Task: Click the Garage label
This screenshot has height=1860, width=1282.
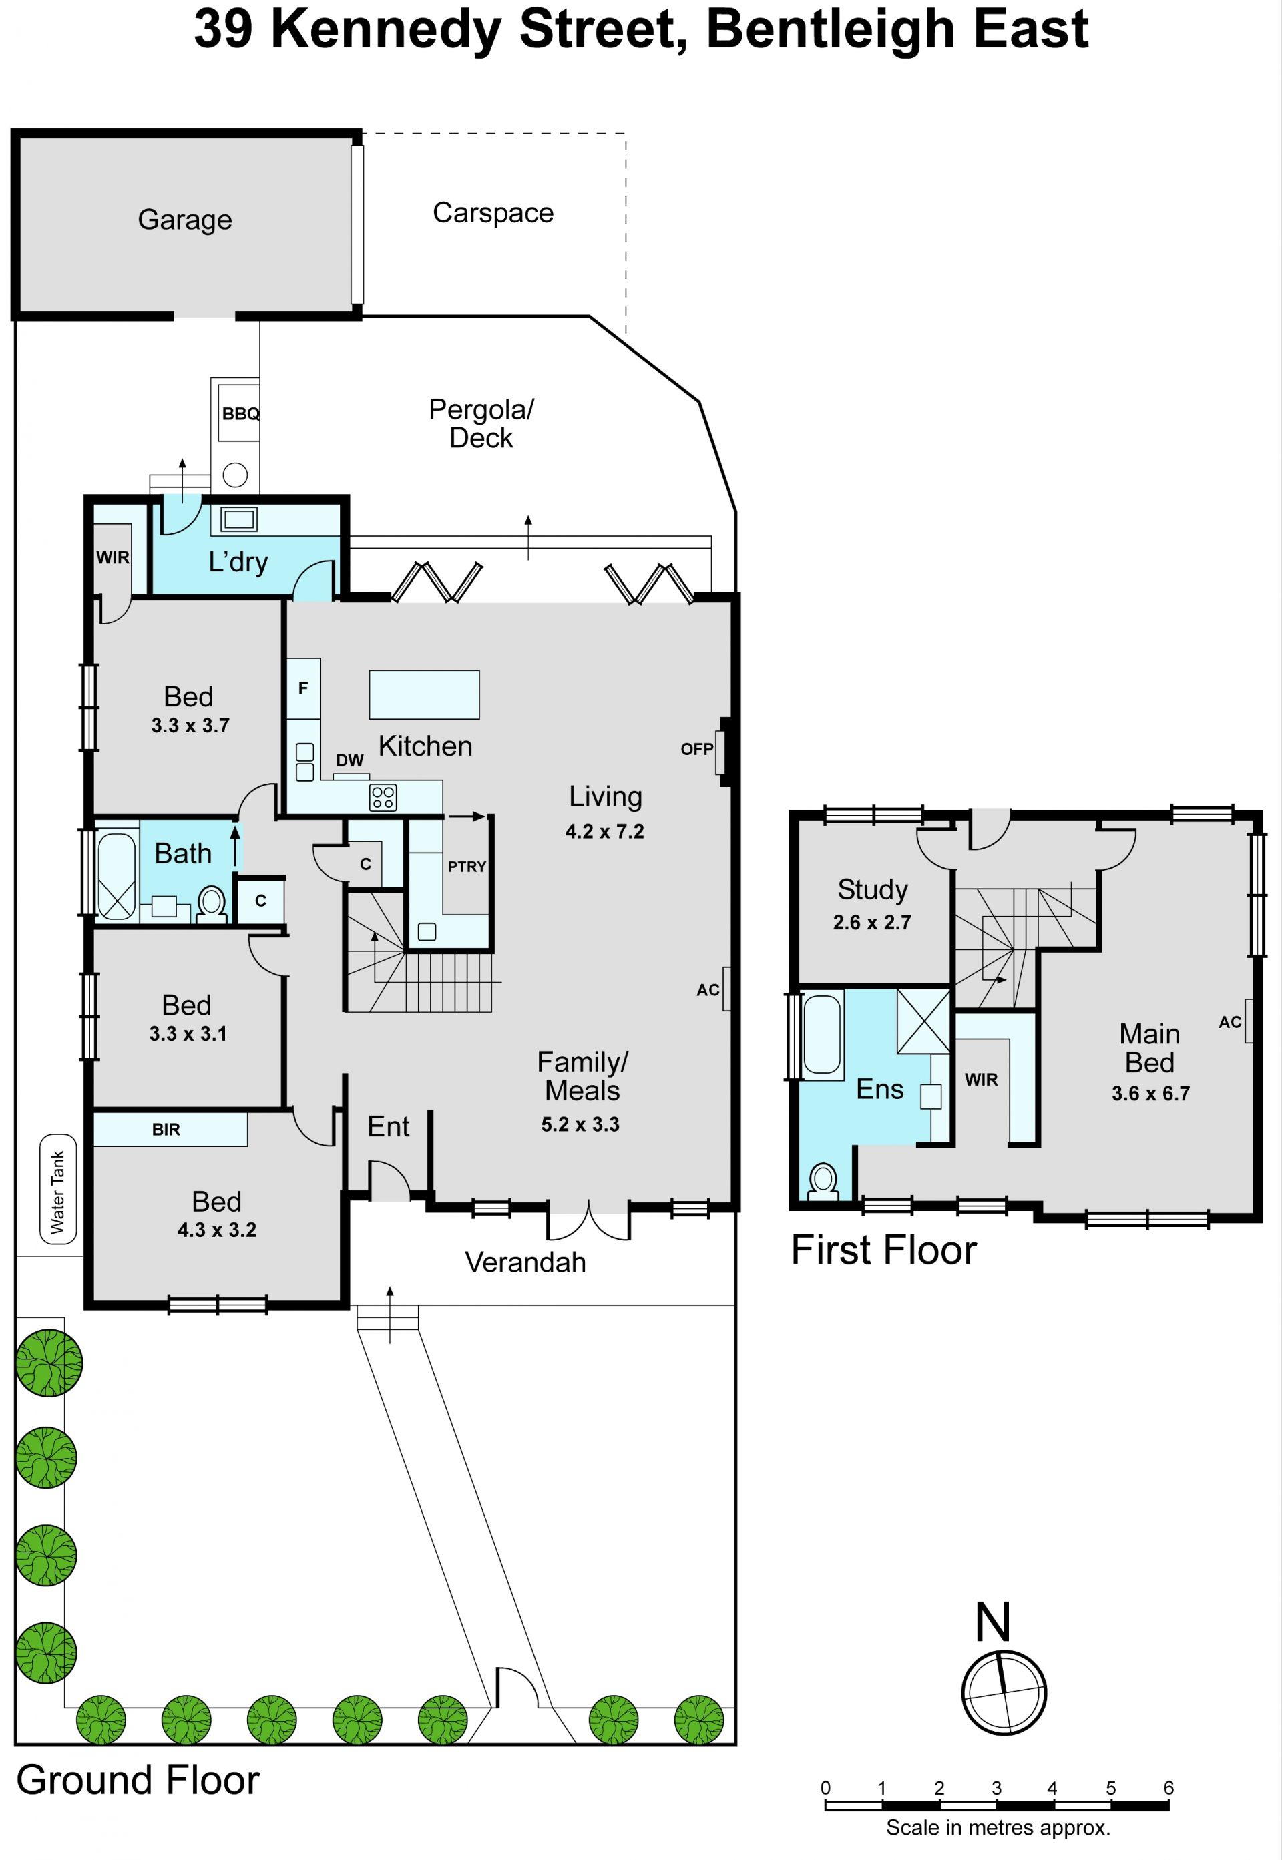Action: click(185, 219)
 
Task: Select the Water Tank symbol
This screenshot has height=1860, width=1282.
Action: click(59, 1188)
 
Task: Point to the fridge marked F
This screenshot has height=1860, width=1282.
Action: click(304, 688)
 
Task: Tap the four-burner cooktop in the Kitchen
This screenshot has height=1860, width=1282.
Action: click(383, 798)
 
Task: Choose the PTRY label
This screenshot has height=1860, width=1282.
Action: click(467, 867)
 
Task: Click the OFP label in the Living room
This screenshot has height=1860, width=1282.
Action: click(696, 749)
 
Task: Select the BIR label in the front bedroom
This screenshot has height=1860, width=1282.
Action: click(166, 1129)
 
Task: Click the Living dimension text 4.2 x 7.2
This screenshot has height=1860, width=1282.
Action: click(604, 831)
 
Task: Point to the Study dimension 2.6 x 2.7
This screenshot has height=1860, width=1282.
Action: click(871, 922)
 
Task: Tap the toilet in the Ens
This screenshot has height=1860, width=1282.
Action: click(823, 1182)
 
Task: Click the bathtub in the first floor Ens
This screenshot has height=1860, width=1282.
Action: click(823, 1034)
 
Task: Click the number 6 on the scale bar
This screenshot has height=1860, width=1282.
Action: click(1168, 1787)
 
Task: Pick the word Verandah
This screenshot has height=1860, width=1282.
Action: click(525, 1262)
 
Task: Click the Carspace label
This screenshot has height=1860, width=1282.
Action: click(493, 213)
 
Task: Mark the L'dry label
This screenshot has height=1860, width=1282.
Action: click(238, 562)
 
